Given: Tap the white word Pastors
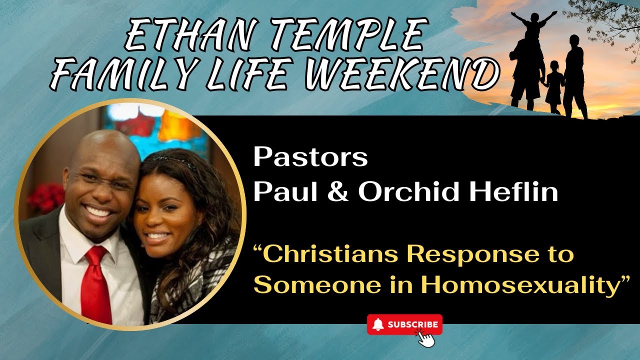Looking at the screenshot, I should (310, 157).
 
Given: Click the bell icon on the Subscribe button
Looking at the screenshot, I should (378, 324).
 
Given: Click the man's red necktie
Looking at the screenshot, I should (95, 285).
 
